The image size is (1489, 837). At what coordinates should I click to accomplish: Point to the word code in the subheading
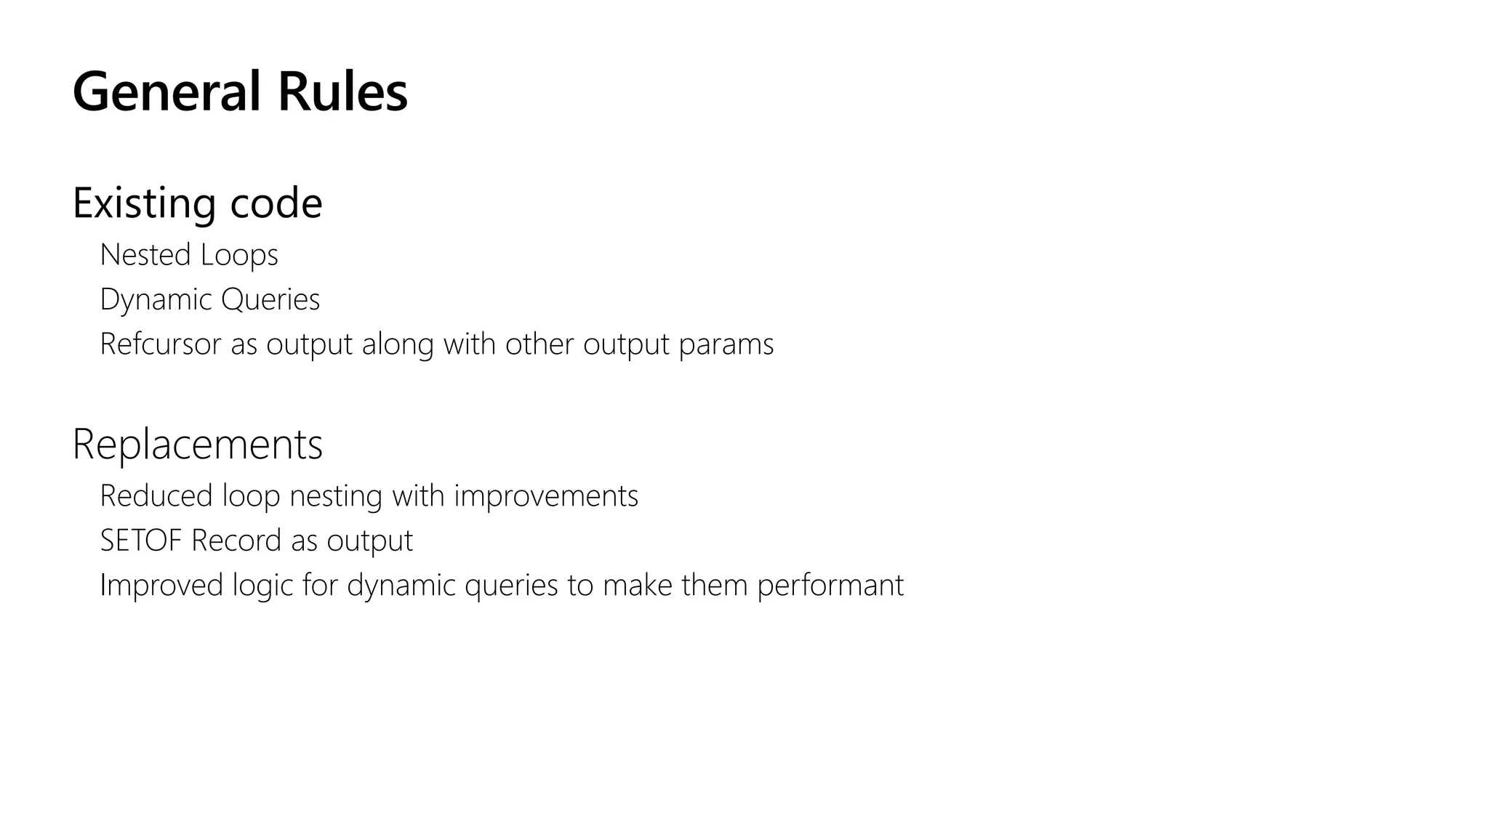276,203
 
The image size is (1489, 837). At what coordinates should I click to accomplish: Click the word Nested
145,255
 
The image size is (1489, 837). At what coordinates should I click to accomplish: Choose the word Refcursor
160,344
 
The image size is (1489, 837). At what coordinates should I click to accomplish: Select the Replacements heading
197,445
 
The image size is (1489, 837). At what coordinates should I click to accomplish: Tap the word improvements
546,497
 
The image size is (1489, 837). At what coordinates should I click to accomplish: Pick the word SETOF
141,541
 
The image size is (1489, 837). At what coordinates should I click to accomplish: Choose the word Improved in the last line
161,586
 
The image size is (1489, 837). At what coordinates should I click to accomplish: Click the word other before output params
539,344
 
